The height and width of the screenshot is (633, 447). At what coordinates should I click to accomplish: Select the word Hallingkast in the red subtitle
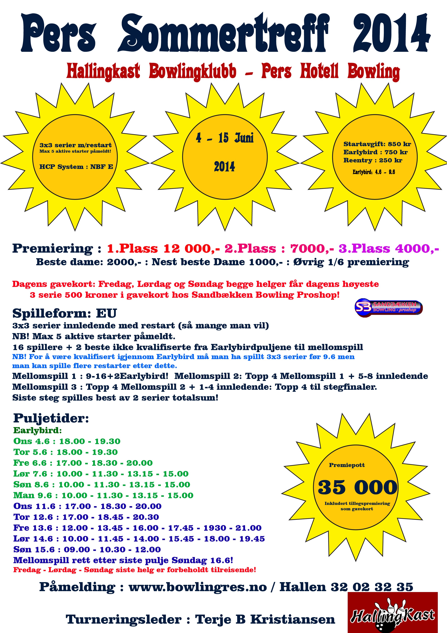(x=103, y=71)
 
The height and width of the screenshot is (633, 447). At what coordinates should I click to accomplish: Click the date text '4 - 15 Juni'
(x=224, y=138)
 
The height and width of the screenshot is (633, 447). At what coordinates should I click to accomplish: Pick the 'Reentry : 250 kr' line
(x=372, y=160)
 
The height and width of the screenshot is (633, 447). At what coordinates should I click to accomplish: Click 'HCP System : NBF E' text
(x=76, y=167)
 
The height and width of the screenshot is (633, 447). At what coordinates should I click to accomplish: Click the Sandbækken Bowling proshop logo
(x=388, y=307)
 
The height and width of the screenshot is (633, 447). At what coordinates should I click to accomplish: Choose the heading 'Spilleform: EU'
(x=65, y=313)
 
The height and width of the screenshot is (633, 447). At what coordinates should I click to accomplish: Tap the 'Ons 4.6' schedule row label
(x=31, y=441)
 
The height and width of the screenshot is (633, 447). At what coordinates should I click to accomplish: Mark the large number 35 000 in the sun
(x=357, y=487)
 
